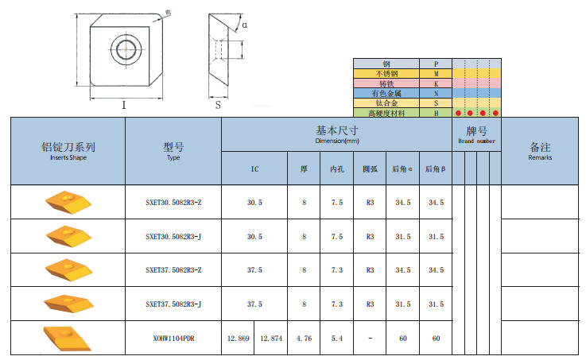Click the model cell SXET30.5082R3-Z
click(x=173, y=203)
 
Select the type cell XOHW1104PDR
click(x=173, y=339)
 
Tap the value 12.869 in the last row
click(x=238, y=339)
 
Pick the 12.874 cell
click(x=271, y=339)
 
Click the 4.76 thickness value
click(x=304, y=339)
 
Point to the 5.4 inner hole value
click(x=336, y=339)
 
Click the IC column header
click(x=254, y=169)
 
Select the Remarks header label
click(x=540, y=157)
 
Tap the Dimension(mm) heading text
click(x=337, y=141)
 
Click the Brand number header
click(x=476, y=141)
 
